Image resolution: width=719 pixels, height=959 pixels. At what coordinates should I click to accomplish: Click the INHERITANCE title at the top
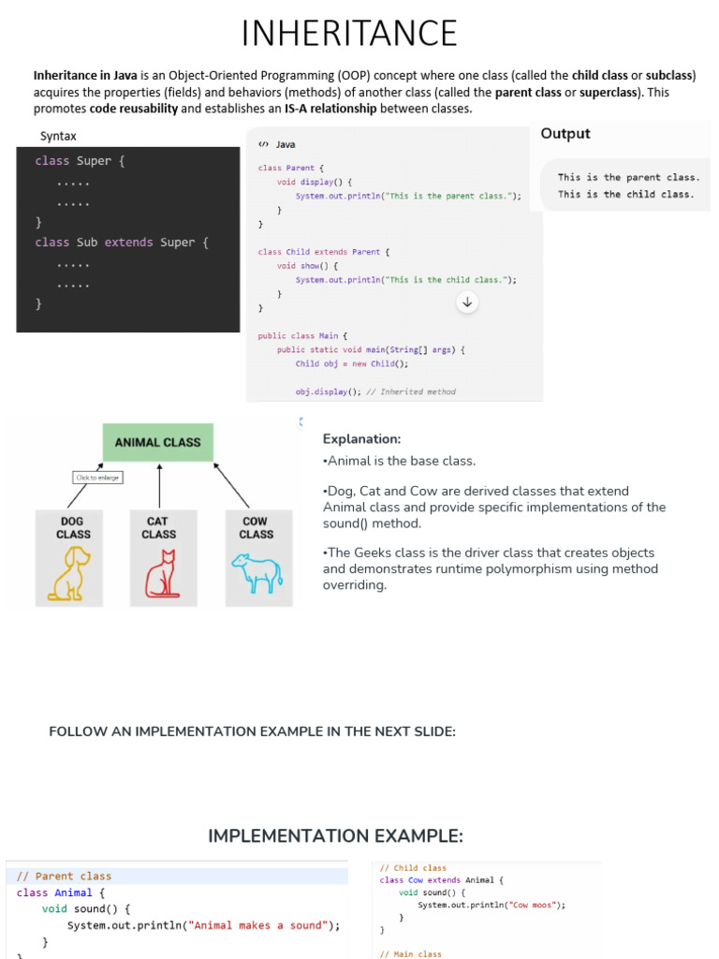click(349, 33)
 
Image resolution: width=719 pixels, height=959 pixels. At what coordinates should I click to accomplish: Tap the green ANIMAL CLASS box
click(157, 442)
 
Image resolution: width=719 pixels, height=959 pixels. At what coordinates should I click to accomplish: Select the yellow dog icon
click(69, 573)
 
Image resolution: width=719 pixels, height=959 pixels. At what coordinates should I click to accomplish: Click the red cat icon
click(162, 574)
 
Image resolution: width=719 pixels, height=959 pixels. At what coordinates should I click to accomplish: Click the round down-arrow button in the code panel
click(467, 302)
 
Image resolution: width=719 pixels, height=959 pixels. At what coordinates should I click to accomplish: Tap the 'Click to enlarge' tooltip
click(97, 477)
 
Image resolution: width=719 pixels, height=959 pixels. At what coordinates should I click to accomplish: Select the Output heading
click(565, 133)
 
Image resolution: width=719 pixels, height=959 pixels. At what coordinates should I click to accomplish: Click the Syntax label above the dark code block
click(58, 136)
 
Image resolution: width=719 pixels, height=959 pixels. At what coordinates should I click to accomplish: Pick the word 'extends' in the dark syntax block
click(128, 243)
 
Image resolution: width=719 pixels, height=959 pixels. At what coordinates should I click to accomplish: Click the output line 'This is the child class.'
click(625, 195)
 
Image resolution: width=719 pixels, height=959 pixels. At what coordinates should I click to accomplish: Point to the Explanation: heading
click(362, 438)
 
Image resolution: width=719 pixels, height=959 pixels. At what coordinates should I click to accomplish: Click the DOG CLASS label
click(73, 528)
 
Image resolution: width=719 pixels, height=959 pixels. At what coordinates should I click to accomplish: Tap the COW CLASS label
click(257, 528)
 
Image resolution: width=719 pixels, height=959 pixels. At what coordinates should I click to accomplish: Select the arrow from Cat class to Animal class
click(159, 486)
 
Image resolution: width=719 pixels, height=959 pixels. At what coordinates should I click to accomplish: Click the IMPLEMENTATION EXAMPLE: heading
click(336, 836)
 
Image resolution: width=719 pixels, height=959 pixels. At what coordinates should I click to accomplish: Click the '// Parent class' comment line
click(64, 876)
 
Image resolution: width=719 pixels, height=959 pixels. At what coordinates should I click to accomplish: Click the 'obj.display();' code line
click(329, 391)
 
